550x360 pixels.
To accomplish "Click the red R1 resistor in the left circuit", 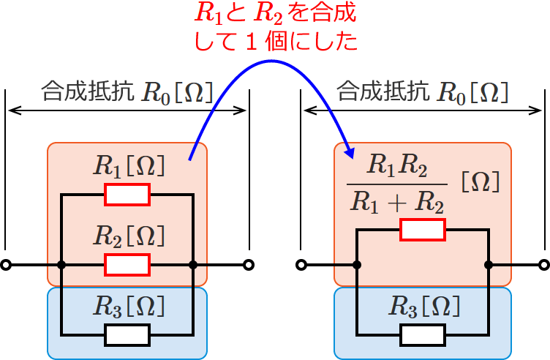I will pyautogui.click(x=127, y=195).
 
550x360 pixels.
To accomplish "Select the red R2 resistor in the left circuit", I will pyautogui.click(x=127, y=264).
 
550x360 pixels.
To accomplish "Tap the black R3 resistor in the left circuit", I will pyautogui.click(x=127, y=334).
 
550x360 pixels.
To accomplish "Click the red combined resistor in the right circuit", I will pyautogui.click(x=422, y=230).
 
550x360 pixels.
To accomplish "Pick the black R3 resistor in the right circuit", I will pyautogui.click(x=422, y=334).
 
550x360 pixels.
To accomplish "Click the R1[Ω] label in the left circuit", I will pyautogui.click(x=129, y=166).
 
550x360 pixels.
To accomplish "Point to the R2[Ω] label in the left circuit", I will pyautogui.click(x=129, y=236).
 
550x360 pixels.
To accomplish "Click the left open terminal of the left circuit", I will pyautogui.click(x=6, y=264).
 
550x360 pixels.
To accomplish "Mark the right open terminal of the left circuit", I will pyautogui.click(x=249, y=264).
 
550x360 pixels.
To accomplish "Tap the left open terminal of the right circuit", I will pyautogui.click(x=301, y=264).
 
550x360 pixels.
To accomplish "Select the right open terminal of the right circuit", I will pyautogui.click(x=543, y=264).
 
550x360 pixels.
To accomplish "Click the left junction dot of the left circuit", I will pyautogui.click(x=61, y=264).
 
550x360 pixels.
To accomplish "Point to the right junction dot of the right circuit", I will pyautogui.click(x=489, y=264).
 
